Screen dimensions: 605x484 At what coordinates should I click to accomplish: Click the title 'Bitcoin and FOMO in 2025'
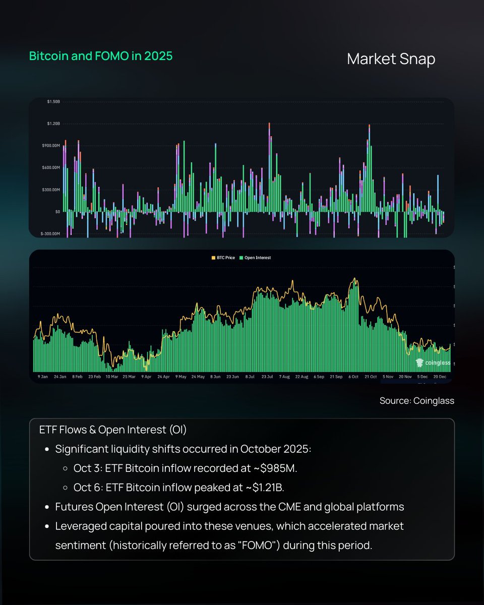pos(101,56)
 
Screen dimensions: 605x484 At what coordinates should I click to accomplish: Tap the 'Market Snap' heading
pos(391,59)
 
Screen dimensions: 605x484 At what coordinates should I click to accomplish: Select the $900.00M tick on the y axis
pos(50,146)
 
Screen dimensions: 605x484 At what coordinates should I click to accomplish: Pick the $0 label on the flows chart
pos(57,212)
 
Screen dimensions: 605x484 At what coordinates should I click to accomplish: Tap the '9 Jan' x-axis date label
pos(43,377)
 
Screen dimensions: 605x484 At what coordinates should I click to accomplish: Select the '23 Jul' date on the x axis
pos(266,377)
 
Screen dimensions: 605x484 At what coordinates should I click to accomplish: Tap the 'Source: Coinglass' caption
pos(417,401)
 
